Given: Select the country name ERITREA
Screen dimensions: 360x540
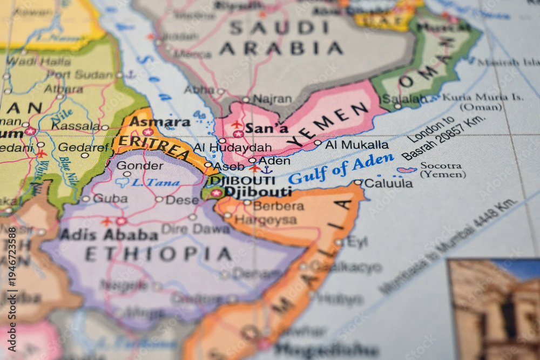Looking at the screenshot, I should [154, 146].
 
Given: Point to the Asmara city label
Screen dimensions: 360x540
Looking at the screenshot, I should [159, 122].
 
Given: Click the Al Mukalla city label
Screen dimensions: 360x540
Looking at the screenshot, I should [356, 145].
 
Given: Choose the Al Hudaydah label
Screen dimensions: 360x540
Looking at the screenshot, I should [232, 147].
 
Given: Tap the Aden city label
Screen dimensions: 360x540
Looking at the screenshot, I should [274, 160].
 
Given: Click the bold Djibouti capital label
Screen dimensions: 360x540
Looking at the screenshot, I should [258, 192].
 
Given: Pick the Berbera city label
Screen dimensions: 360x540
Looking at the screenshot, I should [278, 206].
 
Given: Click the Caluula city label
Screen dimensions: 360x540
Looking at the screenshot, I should [388, 183].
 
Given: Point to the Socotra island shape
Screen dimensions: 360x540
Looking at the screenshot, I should [407, 170].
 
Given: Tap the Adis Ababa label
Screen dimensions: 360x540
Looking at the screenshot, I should [109, 234].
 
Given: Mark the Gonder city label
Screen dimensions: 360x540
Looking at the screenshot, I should [139, 165].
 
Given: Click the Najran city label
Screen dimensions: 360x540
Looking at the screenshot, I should [272, 99].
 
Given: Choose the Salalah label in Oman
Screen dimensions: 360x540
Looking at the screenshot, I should [403, 99].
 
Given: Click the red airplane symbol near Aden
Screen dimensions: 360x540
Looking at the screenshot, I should [254, 168].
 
